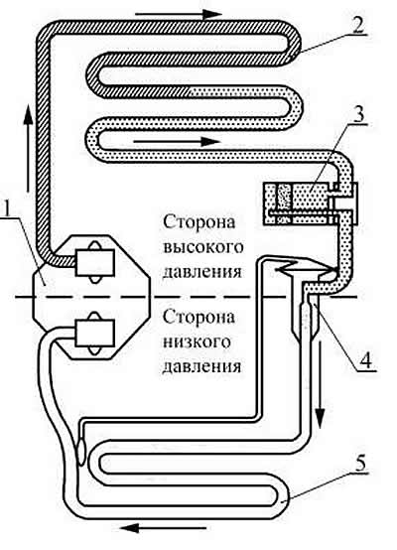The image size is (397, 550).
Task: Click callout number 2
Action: coord(358,25)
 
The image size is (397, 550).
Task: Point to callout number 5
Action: coord(361,463)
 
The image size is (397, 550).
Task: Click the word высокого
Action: coord(203,247)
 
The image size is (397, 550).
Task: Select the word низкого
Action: coord(198,342)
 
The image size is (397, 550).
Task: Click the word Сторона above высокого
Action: coord(199,222)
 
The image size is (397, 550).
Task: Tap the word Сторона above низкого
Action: coord(199,317)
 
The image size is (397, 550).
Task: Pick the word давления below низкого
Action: coord(202,367)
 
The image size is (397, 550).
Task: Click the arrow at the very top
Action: coord(179,14)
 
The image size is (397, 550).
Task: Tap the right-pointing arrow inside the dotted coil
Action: coord(177,142)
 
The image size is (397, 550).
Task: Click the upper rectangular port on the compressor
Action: coord(94,263)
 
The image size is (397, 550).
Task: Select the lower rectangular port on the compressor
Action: coord(94,334)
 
